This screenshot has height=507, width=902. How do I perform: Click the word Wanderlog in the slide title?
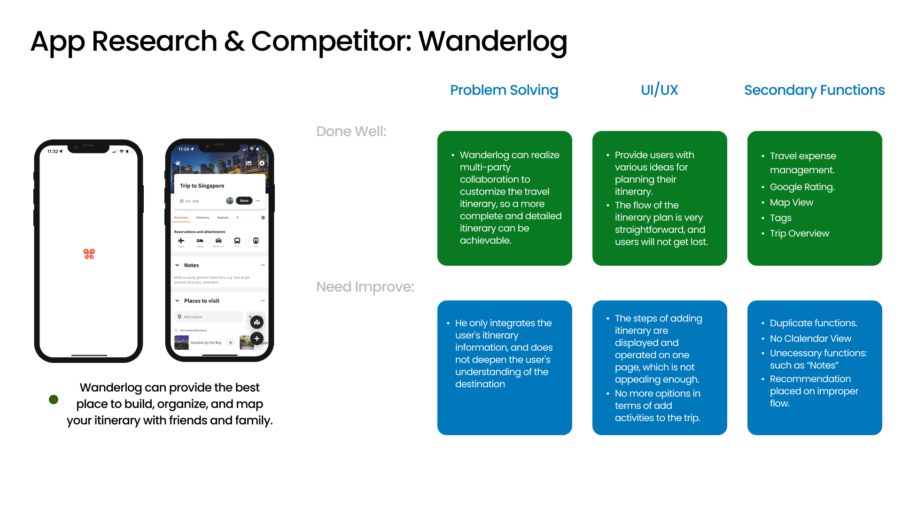point(492,41)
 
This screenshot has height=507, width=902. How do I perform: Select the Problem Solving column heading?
point(504,90)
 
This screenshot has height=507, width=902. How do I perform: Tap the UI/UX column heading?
point(659,90)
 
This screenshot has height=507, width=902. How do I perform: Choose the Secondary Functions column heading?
point(814,90)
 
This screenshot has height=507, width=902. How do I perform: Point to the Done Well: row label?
point(351,131)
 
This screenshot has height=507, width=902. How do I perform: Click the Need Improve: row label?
point(365,287)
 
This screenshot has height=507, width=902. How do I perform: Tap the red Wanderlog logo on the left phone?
point(89,254)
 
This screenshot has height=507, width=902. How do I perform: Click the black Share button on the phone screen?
point(244,201)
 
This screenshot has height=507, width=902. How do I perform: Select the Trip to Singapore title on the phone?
point(202,186)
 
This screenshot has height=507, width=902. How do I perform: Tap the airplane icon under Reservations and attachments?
point(181,241)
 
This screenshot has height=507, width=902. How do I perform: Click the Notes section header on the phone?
point(191,265)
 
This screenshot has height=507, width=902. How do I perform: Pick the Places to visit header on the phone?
point(202,301)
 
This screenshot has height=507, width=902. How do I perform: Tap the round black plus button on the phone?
point(257,338)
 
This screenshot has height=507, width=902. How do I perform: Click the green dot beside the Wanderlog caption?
point(54,399)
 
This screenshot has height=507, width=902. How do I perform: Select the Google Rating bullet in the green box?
point(802,187)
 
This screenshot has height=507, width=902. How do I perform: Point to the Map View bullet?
point(791,202)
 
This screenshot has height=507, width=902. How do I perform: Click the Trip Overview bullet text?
point(799,233)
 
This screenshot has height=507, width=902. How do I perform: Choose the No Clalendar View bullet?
point(810,338)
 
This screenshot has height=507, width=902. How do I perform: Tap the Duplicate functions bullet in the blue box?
point(813,323)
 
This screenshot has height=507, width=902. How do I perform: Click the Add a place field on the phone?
point(209,317)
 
